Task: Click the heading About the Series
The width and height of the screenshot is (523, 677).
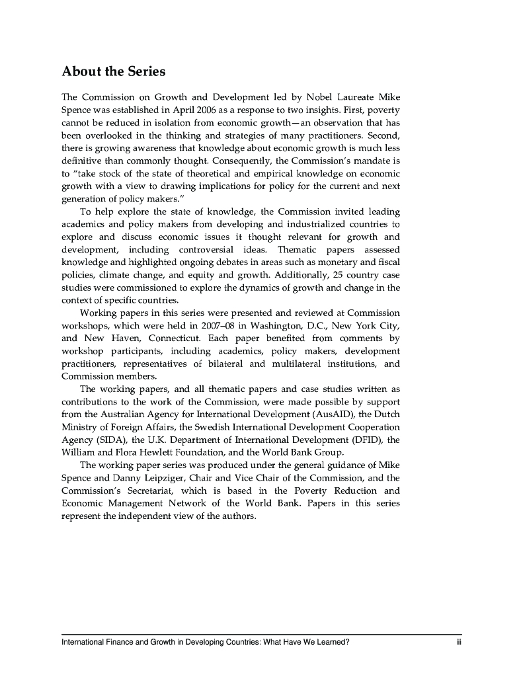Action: [x=113, y=71]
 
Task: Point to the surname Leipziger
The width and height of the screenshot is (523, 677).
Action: [x=149, y=479]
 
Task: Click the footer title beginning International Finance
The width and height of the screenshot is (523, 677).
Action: [x=206, y=641]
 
